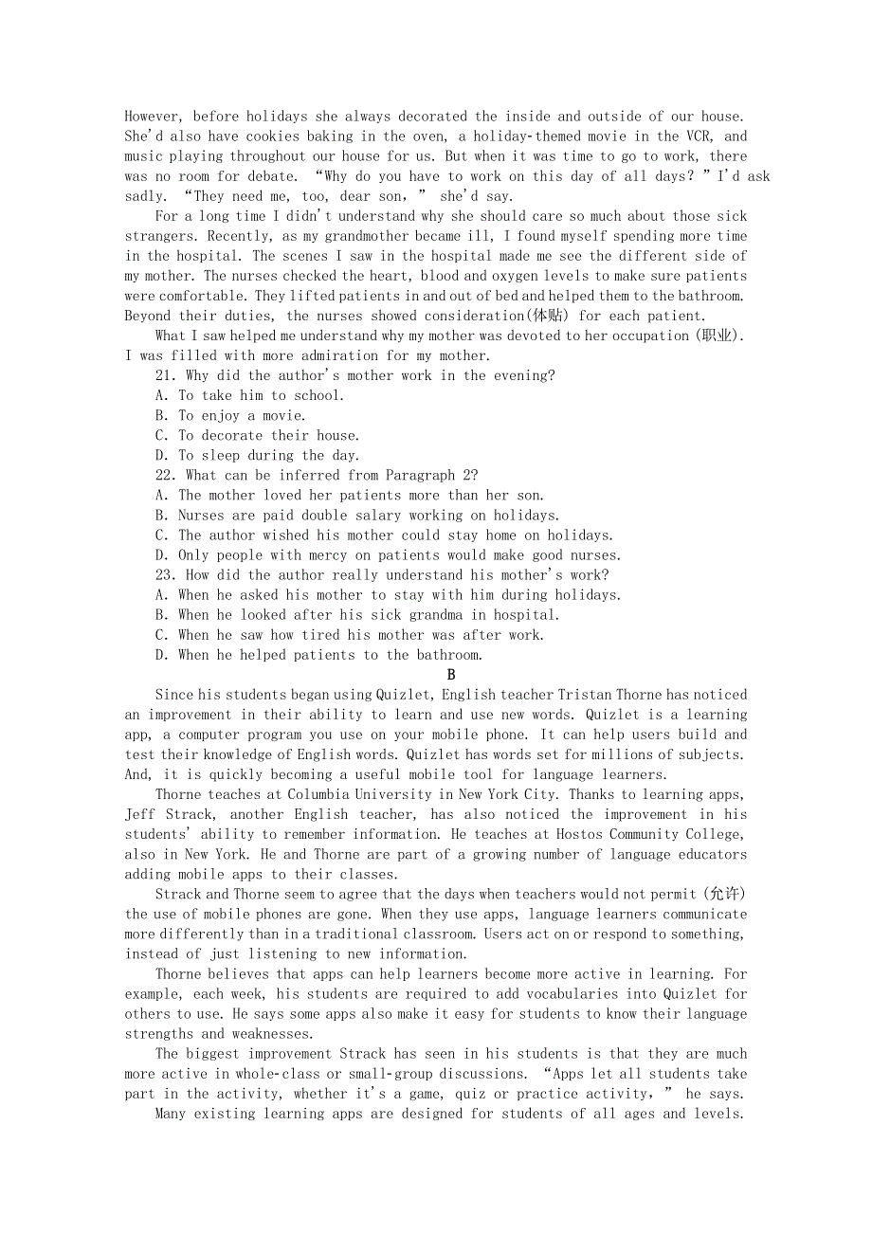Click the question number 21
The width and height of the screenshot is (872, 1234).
(166, 376)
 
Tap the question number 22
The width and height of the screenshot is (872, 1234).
(166, 476)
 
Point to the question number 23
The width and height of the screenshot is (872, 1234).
(166, 575)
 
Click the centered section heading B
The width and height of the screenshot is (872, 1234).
(451, 675)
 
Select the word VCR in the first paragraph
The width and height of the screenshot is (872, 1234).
(695, 136)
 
